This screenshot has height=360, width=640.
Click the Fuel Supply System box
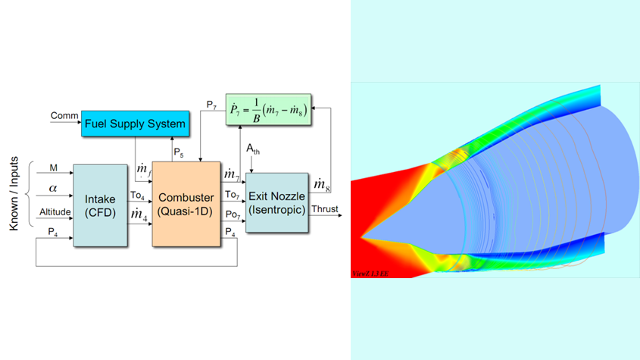pos(134,123)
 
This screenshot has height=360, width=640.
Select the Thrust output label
pos(322,210)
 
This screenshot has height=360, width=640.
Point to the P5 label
pos(178,152)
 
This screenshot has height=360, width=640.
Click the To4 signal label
pos(137,196)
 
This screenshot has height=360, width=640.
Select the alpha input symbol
pos(53,186)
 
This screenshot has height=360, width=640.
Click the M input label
pos(53,167)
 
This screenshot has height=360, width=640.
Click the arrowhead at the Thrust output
pos(338,216)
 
